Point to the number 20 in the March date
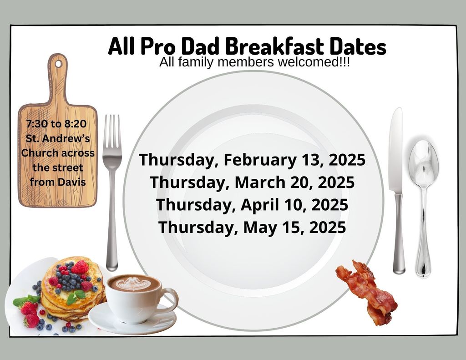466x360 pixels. (x=300, y=182)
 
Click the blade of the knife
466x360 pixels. (x=396, y=150)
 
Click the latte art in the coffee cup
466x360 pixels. (x=133, y=283)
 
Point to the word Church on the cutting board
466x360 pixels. (x=37, y=153)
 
